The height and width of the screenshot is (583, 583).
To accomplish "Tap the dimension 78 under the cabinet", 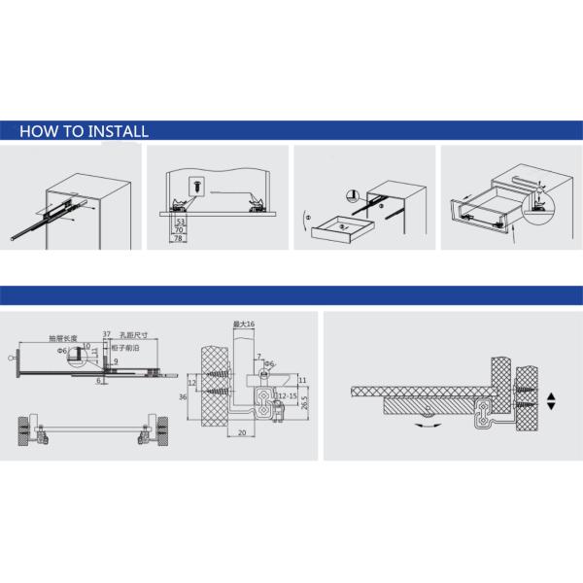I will point(179,238).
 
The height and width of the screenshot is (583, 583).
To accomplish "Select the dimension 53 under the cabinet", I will point(180,222).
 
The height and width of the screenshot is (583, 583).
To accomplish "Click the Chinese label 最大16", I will point(243,324).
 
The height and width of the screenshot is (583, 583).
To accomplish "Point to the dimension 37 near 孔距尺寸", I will point(106,332).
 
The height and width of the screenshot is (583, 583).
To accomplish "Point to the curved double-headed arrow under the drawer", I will point(425,424).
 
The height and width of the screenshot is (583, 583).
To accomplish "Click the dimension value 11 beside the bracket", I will point(302,380).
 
